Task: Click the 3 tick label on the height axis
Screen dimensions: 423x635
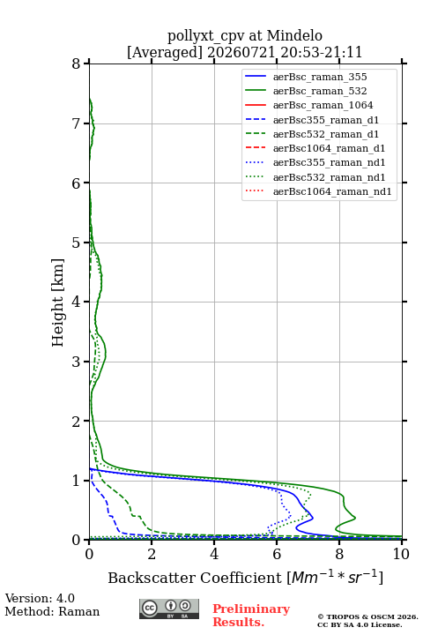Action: [77, 362]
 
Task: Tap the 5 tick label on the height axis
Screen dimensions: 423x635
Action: [77, 243]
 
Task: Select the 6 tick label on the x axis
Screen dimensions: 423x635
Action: [277, 554]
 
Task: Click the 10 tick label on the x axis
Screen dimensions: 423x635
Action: [401, 554]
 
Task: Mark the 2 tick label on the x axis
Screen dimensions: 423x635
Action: [152, 554]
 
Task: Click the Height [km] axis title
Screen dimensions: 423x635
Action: [58, 303]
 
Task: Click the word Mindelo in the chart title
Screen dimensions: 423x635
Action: [294, 35]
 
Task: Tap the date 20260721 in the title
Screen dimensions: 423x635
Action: [241, 52]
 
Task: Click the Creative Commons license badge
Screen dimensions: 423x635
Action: [169, 609]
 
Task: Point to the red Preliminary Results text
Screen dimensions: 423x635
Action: [251, 616]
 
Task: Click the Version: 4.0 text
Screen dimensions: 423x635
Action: [40, 598]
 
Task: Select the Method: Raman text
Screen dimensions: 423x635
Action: [52, 611]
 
